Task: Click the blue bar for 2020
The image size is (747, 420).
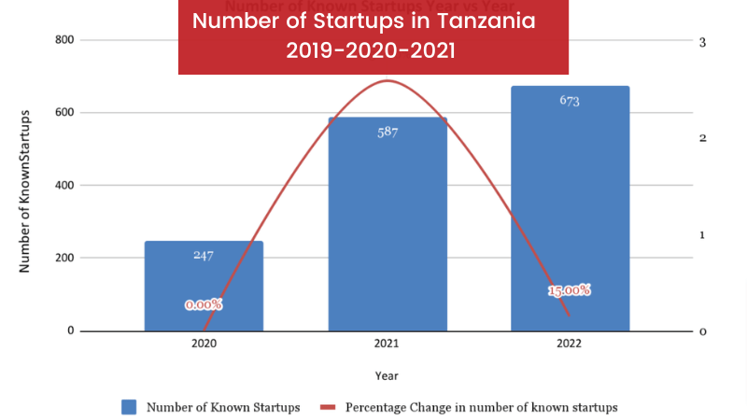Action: pos(204,286)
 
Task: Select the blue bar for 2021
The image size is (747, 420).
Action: pos(388,224)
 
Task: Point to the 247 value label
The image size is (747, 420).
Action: pos(204,255)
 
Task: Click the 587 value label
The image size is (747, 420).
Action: pos(388,132)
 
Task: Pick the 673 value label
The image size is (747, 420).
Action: pos(570,101)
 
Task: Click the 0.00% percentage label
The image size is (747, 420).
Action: pos(204,304)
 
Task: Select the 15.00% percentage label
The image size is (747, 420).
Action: pos(569,290)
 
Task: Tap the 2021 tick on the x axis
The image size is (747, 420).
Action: pos(387,343)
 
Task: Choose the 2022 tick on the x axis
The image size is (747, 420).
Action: pos(570,343)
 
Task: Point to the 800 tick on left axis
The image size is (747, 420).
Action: pos(64,40)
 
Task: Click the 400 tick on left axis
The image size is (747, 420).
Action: pos(64,185)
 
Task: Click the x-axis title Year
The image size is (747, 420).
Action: pos(387,376)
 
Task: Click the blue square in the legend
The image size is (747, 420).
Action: pos(129,407)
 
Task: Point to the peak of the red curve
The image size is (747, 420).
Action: pos(387,81)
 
